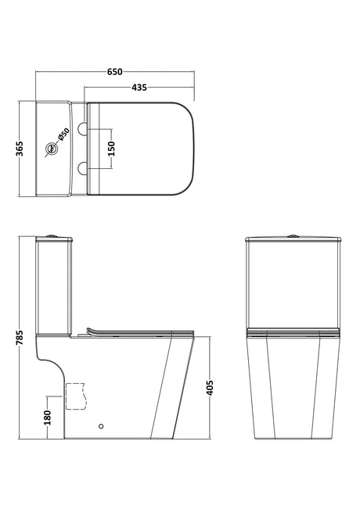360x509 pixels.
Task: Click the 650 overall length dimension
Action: (115, 71)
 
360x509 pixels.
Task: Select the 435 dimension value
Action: (139, 88)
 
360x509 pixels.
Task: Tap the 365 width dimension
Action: (20, 149)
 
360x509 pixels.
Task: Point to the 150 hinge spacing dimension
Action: (111, 149)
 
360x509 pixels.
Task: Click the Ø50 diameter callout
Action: (63, 134)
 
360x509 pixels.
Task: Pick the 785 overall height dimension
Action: (20, 338)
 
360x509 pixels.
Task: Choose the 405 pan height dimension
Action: (210, 388)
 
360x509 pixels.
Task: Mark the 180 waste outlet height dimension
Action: (48, 418)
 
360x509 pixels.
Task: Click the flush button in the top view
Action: (51, 149)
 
